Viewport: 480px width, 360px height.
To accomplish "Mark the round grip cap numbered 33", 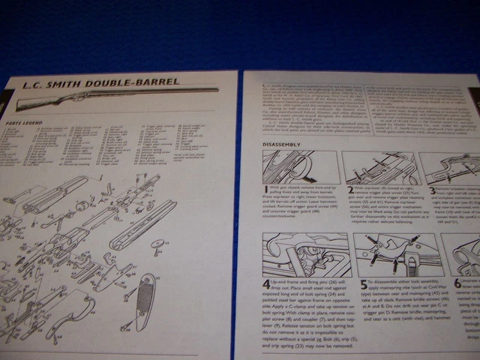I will point(158,243).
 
